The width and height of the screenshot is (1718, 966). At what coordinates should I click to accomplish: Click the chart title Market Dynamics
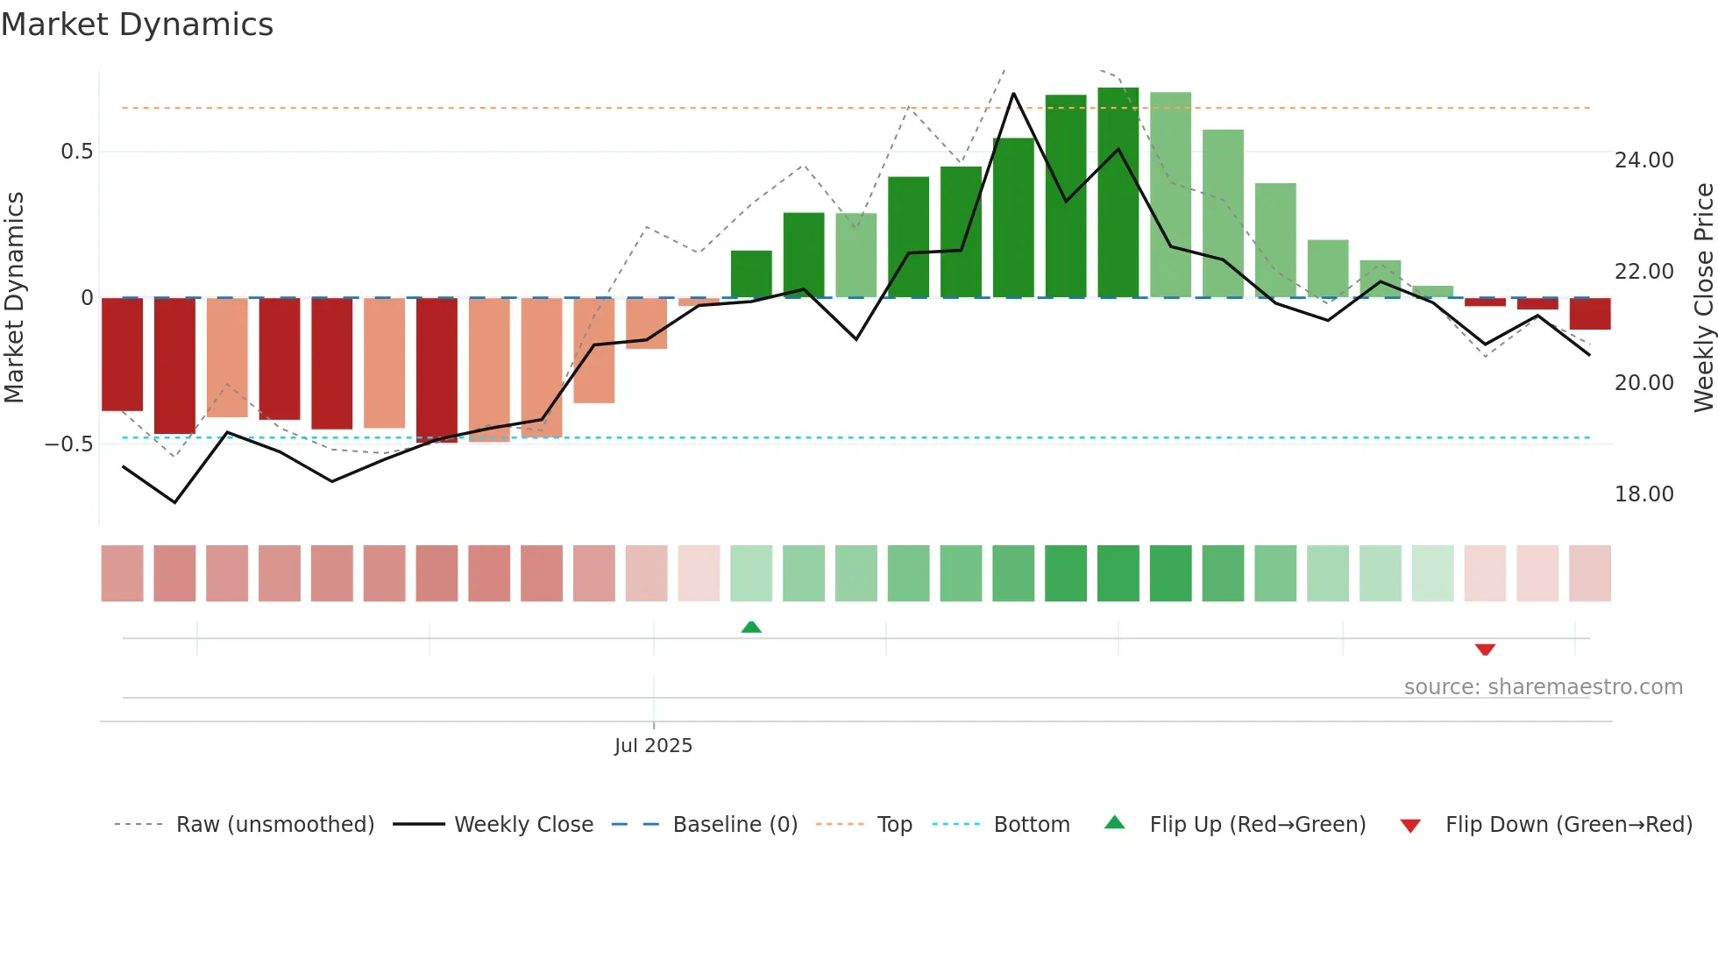click(x=137, y=25)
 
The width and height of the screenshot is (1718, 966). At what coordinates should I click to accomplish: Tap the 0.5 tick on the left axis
click(x=76, y=152)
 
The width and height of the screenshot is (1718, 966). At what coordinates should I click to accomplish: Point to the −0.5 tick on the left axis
click(x=69, y=444)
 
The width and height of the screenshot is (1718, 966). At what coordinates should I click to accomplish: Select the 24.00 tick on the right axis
click(x=1643, y=160)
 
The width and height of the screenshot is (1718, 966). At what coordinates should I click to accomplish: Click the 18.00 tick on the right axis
click(x=1643, y=494)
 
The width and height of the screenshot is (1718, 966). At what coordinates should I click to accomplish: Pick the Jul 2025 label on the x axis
click(x=653, y=746)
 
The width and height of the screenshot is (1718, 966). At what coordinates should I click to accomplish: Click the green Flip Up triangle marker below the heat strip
click(x=751, y=627)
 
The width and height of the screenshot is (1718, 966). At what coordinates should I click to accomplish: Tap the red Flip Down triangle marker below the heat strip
click(x=1485, y=650)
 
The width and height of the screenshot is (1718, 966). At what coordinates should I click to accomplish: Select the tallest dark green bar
click(x=1118, y=193)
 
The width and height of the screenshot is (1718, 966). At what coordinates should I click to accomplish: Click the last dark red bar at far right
click(x=1589, y=314)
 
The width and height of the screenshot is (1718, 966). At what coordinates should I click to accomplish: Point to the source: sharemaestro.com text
click(x=1543, y=687)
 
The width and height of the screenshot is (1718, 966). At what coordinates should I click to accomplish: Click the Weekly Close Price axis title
click(x=1703, y=298)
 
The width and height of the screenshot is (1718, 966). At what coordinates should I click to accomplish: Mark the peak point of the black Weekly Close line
click(x=1013, y=93)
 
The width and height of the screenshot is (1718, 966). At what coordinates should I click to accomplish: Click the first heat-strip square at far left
click(x=122, y=573)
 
